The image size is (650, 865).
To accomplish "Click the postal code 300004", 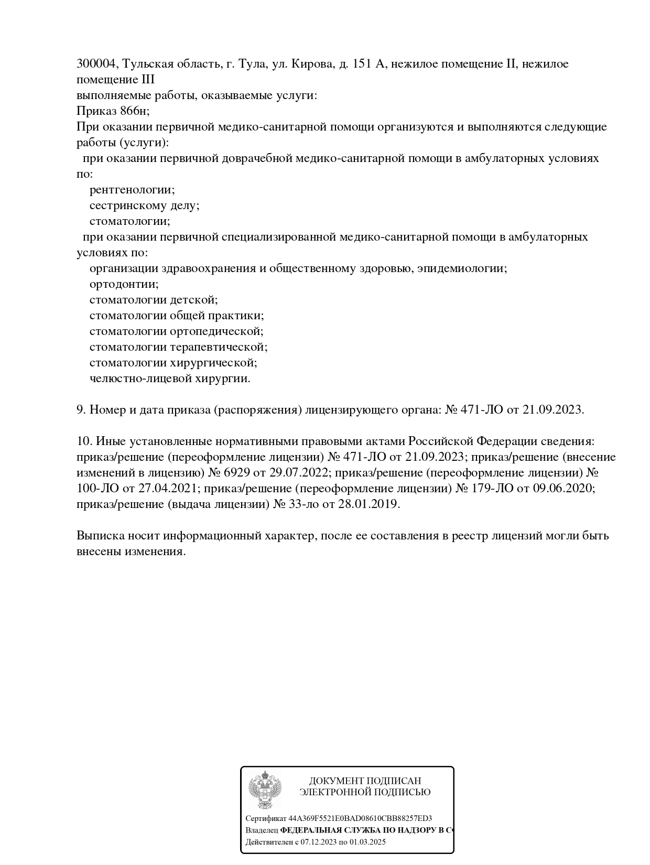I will pos(97,64).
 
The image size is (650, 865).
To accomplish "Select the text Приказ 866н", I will pos(113,111).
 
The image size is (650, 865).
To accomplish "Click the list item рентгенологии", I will pos(132,190).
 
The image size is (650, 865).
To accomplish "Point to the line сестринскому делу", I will pos(144,206).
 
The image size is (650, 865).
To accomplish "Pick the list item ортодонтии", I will pos(124,284).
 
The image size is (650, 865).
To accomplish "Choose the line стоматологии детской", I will pos(153,300).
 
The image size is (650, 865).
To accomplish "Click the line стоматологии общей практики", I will pos(176,316).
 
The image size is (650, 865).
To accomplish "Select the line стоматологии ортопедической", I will pos(176,331).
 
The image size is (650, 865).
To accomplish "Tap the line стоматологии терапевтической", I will pos(178,347).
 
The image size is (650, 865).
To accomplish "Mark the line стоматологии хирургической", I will pos(173,363).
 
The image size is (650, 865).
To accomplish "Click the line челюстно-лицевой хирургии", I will pos(170,379).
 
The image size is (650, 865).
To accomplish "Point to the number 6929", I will pos(237,473).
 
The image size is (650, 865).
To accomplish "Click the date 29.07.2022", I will pos(299,473).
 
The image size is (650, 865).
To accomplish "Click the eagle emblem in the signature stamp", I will pos(265,792).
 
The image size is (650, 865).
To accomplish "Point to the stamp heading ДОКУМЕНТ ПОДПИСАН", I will pos(365,781).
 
